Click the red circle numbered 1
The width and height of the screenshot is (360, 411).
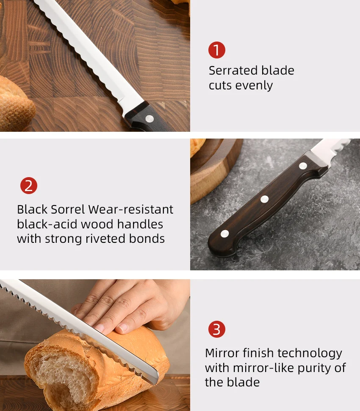pos(217,50)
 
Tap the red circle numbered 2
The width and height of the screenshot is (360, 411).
pos(29,186)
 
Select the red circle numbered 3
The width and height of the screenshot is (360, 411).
pos(217,329)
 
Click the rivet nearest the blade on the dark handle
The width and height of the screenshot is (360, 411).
pos(303,166)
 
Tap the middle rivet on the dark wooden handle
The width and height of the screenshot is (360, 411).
pos(265,199)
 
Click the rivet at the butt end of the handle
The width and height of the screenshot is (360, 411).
pos(225,233)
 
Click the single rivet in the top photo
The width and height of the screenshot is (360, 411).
pos(150,119)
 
